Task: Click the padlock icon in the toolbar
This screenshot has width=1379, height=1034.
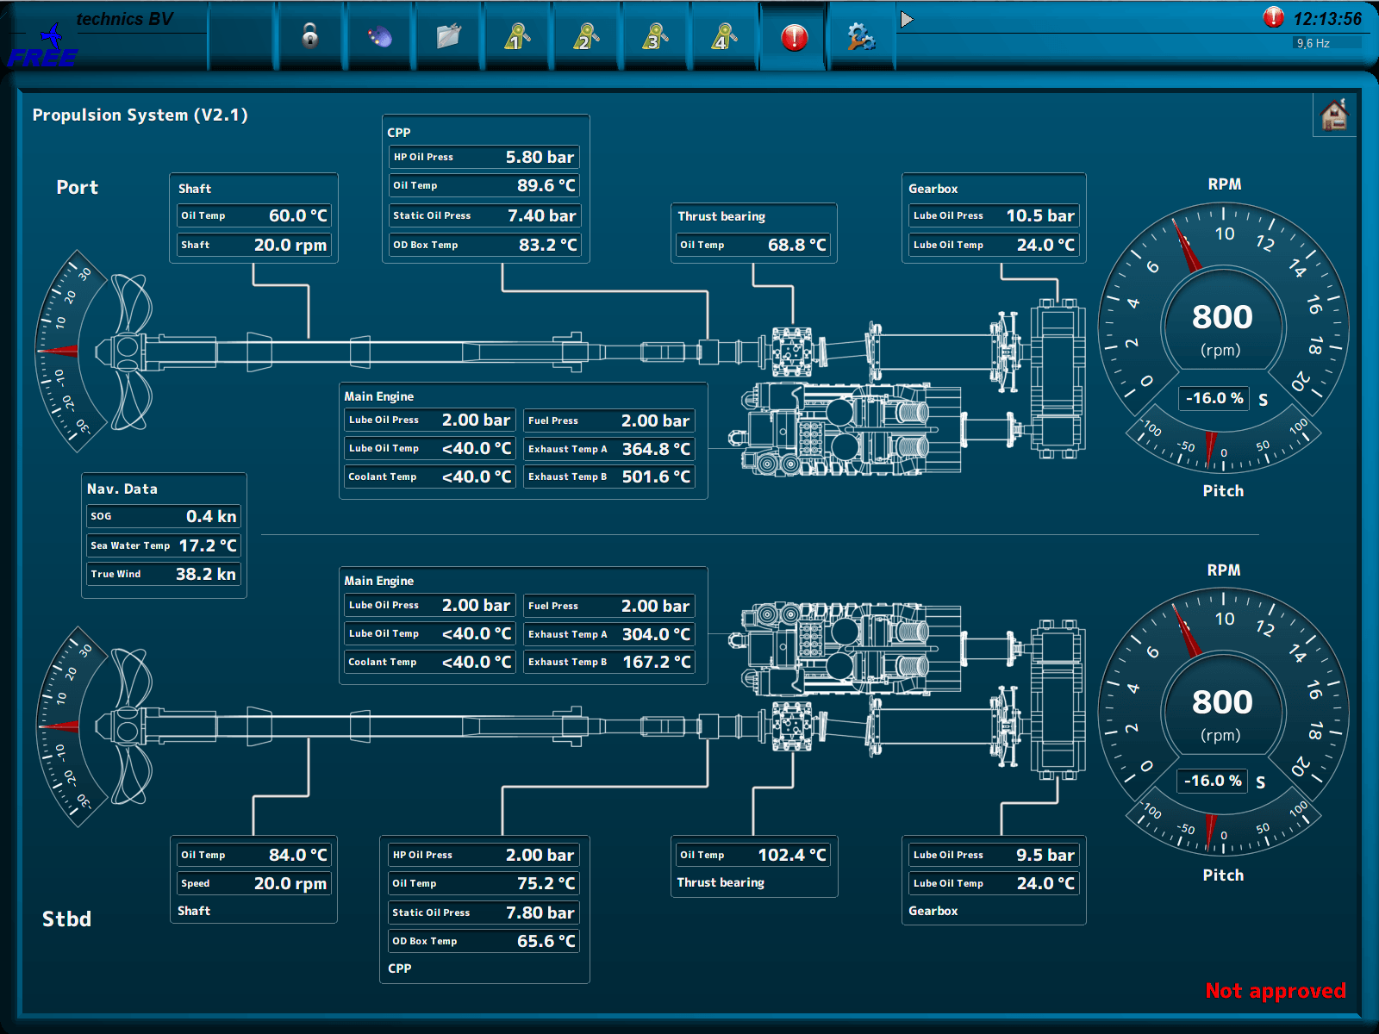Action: [x=310, y=36]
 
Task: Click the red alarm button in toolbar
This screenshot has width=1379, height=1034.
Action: [x=794, y=37]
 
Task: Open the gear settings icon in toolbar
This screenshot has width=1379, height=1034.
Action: [x=860, y=36]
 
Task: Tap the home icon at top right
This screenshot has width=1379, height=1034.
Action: [x=1333, y=115]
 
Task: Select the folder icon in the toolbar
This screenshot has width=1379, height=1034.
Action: [x=448, y=36]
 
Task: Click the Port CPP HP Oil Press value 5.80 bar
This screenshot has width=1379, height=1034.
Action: [x=540, y=157]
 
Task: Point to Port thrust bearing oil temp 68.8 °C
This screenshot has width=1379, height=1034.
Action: [x=796, y=245]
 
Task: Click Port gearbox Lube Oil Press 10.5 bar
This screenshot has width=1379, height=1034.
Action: [x=1039, y=215]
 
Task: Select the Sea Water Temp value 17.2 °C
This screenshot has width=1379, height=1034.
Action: [x=207, y=545]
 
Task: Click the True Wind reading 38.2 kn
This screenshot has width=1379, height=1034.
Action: [x=205, y=574]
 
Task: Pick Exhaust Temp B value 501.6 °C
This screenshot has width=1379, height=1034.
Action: [x=656, y=477]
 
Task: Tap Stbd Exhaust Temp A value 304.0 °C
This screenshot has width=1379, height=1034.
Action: [x=656, y=634]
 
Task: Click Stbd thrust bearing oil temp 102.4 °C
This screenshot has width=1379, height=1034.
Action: [x=791, y=855]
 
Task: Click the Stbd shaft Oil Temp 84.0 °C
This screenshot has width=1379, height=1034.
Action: [x=297, y=855]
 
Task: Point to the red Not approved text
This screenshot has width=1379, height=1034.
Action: [x=1275, y=991]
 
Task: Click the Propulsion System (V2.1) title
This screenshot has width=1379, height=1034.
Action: [x=140, y=115]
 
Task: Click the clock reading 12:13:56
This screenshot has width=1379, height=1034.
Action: [x=1327, y=19]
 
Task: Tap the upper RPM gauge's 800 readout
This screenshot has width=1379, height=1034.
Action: [x=1222, y=317]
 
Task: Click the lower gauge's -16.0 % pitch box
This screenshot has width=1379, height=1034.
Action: [x=1212, y=781]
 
